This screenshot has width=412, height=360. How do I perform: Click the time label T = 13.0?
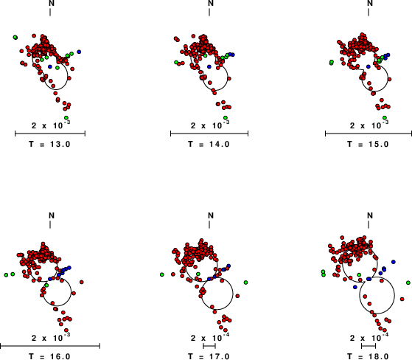tap(49, 144)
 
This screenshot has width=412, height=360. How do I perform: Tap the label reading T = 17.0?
tap(209, 356)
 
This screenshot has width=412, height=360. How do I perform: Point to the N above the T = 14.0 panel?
tap(211, 3)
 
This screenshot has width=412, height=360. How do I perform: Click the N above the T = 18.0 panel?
tap(370, 215)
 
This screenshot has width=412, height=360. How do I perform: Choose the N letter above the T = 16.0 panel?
tap(52, 215)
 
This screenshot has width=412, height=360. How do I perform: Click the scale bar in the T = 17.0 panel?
tap(209, 346)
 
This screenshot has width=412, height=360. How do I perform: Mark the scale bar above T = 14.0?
tap(209, 134)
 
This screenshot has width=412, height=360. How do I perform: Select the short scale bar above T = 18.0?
tap(369, 346)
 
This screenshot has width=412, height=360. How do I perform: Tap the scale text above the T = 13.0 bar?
tap(51, 125)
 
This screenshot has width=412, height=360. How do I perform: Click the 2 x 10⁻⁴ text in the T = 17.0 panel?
tap(210, 337)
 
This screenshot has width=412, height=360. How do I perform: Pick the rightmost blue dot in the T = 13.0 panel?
tap(79, 52)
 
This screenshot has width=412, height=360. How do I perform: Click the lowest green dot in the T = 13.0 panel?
tap(66, 117)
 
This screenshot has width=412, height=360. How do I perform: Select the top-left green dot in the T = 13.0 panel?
tap(15, 38)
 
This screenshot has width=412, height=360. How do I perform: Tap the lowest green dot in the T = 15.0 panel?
tap(385, 117)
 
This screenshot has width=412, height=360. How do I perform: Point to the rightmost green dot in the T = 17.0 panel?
tap(245, 283)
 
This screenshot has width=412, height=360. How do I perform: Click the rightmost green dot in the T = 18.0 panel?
tap(408, 283)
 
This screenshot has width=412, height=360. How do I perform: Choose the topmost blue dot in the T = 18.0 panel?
tap(394, 262)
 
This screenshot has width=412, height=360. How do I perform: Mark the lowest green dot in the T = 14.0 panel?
tap(226, 117)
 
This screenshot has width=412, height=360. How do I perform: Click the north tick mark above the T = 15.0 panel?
tap(369, 12)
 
